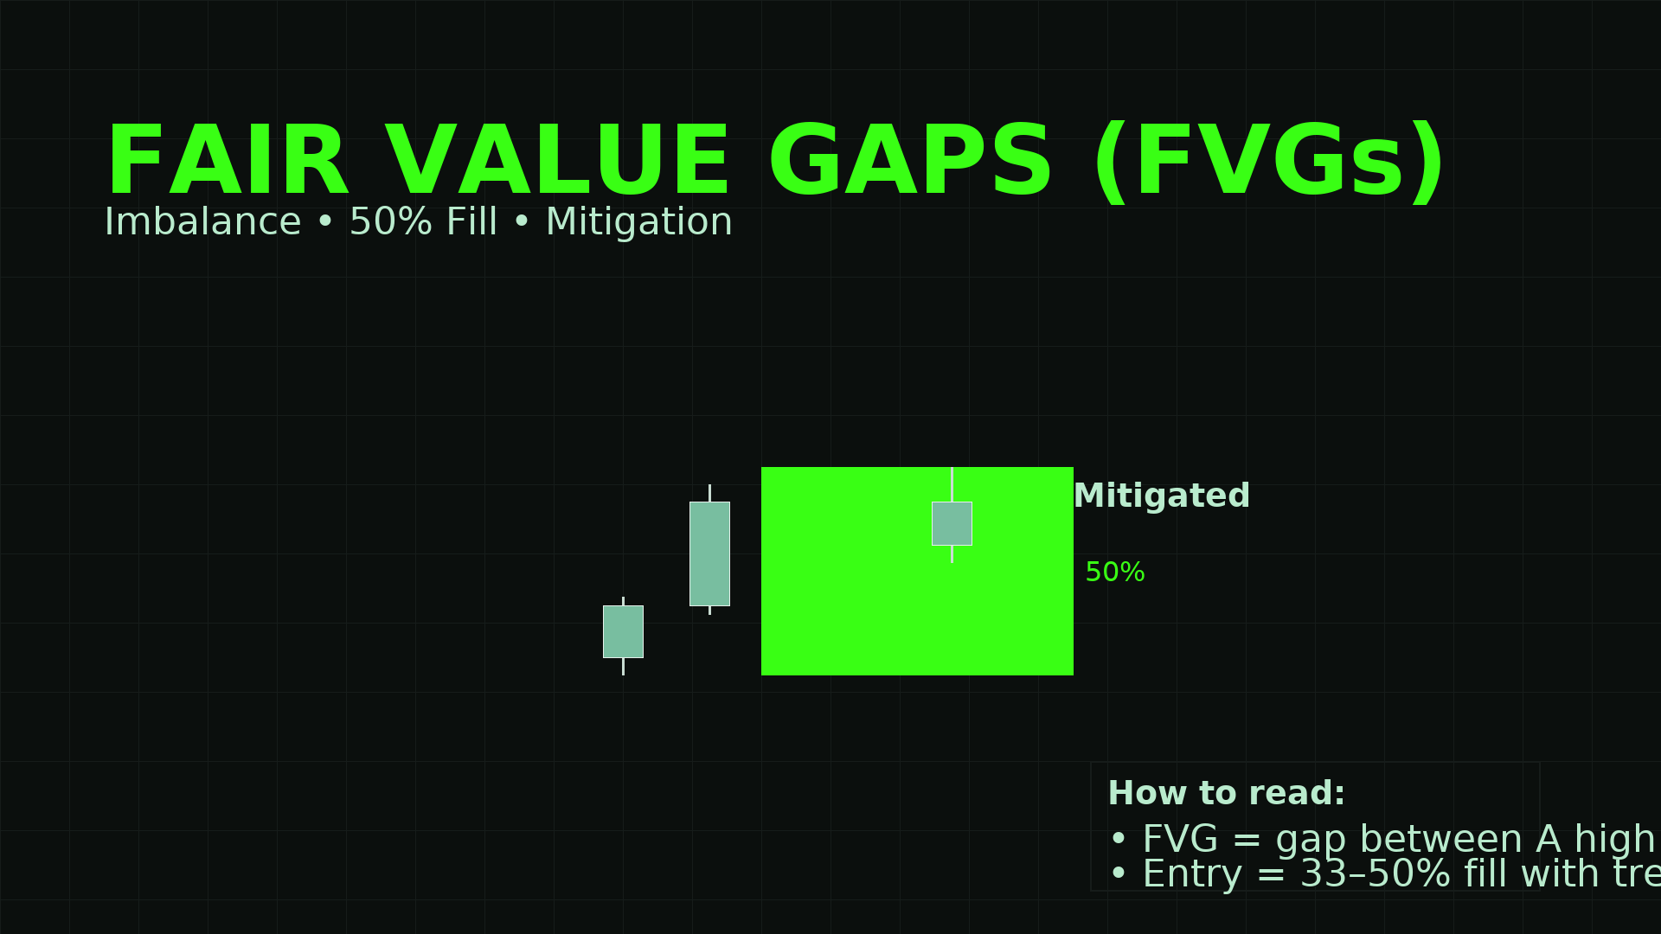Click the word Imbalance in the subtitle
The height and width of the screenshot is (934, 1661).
202,222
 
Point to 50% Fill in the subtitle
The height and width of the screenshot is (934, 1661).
423,222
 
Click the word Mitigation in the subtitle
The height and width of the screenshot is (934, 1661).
638,222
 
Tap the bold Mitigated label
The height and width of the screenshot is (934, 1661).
1161,496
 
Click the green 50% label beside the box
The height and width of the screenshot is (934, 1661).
1114,573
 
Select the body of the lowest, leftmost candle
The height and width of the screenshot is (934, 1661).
623,631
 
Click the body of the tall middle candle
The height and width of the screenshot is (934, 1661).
709,553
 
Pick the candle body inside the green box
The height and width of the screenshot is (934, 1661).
952,523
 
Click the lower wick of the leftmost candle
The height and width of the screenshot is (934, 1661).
623,666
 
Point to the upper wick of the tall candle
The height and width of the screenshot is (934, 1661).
709,493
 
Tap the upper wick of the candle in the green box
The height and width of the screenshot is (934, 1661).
952,484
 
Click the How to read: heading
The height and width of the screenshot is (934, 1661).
1226,794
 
